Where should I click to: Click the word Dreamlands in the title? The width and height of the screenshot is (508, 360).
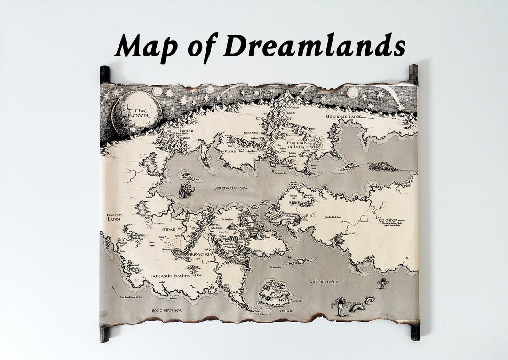(x=314, y=46)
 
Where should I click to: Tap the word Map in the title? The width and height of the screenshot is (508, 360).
(x=146, y=47)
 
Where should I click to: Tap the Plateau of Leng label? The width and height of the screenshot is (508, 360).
(x=298, y=144)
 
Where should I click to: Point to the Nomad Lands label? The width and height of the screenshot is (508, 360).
(x=113, y=217)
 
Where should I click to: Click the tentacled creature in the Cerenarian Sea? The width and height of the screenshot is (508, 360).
(x=185, y=191)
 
